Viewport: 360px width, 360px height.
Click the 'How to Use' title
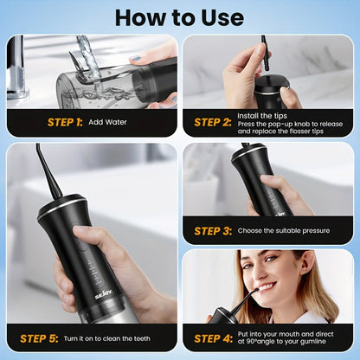point(179,16)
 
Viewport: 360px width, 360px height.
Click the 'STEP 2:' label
point(212,122)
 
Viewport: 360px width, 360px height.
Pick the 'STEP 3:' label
point(212,230)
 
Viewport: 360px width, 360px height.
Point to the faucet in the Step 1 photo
point(17,65)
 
